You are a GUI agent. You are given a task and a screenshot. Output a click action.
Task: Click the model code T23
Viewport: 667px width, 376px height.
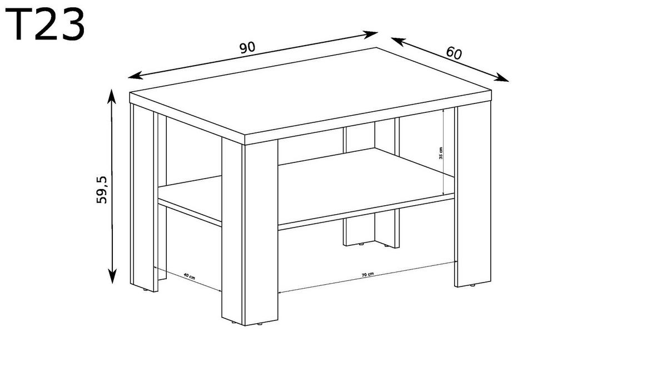45,24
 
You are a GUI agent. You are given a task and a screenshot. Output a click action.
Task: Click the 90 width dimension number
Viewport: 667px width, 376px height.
247,48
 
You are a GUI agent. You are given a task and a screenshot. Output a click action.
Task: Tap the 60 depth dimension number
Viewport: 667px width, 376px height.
454,53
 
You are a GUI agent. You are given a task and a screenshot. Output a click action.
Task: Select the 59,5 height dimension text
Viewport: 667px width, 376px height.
102,190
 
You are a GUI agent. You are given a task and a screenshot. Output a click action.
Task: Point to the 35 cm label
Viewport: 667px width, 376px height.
441,153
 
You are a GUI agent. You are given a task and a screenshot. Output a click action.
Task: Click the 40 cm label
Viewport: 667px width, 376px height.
189,276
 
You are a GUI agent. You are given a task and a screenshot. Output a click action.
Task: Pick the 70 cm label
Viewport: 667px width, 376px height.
367,274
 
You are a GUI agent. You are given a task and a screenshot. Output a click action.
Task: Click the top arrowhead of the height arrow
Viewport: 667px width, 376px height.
111,96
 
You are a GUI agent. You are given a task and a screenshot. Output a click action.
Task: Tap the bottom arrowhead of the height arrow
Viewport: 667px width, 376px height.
112,276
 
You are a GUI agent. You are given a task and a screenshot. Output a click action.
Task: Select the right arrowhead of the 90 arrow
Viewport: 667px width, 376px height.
370,34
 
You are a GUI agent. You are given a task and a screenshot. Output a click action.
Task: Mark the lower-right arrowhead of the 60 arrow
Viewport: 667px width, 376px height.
501,77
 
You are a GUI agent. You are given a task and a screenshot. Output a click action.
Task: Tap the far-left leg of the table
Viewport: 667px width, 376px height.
144,197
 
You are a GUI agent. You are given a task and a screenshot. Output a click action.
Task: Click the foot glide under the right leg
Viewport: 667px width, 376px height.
472,285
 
